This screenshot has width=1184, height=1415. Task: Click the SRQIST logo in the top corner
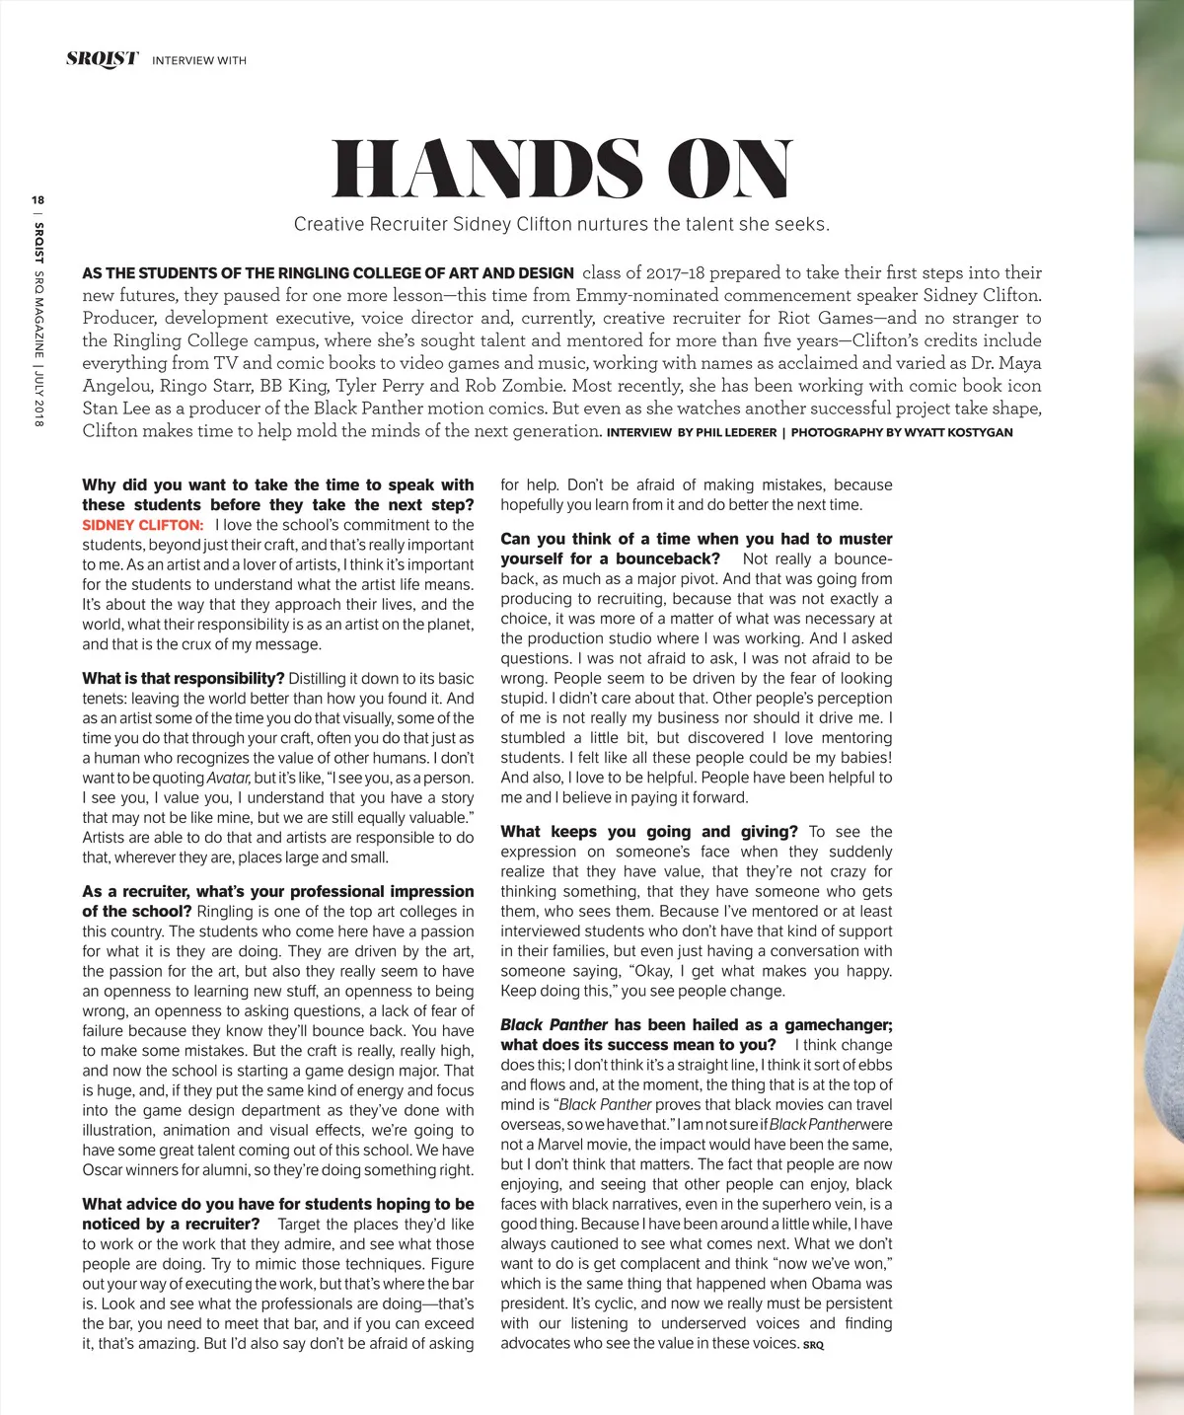pyautogui.click(x=103, y=59)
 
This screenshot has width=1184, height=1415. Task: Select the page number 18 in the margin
pyautogui.click(x=37, y=199)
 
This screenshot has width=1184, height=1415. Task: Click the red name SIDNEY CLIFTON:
pyautogui.click(x=143, y=525)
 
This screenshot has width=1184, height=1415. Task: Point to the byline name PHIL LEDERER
pyautogui.click(x=736, y=432)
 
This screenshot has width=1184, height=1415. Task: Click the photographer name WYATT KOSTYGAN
pyautogui.click(x=957, y=432)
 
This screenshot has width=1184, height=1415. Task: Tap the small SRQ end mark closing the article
pyautogui.click(x=813, y=1345)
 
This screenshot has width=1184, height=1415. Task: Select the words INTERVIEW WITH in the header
pyautogui.click(x=199, y=60)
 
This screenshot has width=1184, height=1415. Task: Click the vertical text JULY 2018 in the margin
pyautogui.click(x=38, y=398)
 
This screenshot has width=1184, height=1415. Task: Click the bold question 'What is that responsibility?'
pyautogui.click(x=184, y=678)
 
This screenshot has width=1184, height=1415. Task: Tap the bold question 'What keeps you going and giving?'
pyautogui.click(x=649, y=831)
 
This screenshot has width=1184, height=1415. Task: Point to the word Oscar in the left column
pyautogui.click(x=103, y=1169)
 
